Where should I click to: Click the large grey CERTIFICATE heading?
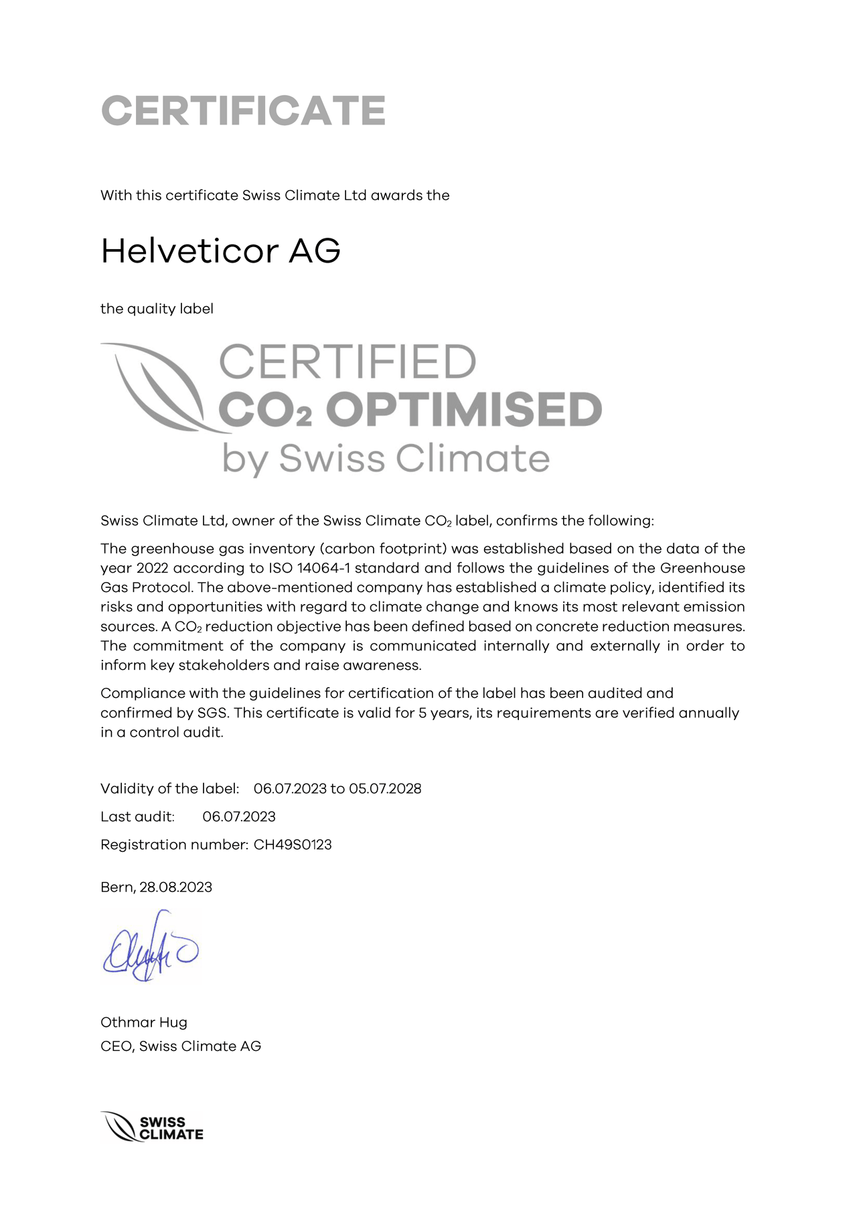pos(243,111)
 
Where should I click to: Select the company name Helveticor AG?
pos(220,251)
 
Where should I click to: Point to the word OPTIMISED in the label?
pos(464,410)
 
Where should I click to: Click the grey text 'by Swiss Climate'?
pos(386,459)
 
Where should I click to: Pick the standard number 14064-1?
pos(323,568)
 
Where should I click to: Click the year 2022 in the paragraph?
pos(153,568)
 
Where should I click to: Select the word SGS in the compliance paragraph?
pos(213,713)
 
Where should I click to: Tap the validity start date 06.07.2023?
pos(290,788)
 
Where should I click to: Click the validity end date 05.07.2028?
pos(385,788)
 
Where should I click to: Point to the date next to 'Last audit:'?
pos(239,816)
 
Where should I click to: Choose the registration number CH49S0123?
pos(293,845)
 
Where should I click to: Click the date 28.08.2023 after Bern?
pos(175,887)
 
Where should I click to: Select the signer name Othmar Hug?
pos(144,1022)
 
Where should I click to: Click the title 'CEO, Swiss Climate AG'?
pos(181,1046)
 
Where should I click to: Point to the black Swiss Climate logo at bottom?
pos(152,1128)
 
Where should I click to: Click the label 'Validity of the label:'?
pos(169,788)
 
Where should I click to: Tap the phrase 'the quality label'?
pos(157,309)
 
